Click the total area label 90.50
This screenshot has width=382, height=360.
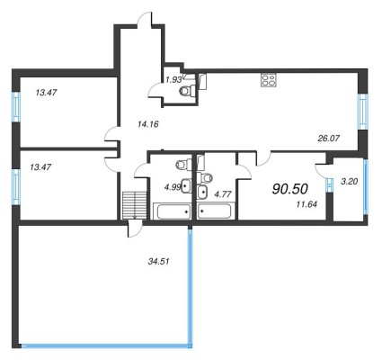[290, 189]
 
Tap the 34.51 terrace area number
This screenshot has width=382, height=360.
[158, 261]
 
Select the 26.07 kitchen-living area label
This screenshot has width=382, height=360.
[328, 139]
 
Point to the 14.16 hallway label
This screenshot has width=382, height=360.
[147, 123]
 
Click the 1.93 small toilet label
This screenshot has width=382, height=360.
[173, 79]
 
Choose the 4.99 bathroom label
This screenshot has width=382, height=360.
[173, 187]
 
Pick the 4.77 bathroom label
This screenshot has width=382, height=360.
[223, 194]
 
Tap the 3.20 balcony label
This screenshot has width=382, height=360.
[350, 181]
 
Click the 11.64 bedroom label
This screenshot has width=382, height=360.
[306, 204]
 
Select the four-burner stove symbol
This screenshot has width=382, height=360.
[268, 80]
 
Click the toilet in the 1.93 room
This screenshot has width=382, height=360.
[187, 90]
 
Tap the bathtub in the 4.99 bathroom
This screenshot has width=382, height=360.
[173, 211]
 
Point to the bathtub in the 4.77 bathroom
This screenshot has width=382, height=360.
[215, 211]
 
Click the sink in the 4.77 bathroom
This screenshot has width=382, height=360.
[202, 192]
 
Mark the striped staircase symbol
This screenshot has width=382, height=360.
[135, 205]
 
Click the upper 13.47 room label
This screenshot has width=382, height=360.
[46, 93]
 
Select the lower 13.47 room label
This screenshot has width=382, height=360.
[40, 167]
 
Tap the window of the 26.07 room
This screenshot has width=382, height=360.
[362, 112]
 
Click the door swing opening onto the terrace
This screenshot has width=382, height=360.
[134, 229]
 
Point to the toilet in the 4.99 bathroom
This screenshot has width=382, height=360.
[184, 164]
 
